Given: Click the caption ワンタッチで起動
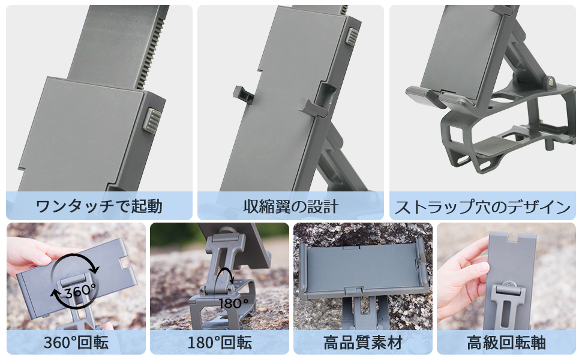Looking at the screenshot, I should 99,207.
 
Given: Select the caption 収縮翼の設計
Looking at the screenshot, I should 291,207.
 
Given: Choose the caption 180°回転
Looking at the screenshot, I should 219,343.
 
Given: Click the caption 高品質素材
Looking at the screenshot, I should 362,343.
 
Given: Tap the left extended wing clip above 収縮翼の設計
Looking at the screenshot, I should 242,94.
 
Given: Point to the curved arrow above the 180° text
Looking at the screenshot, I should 227,278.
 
